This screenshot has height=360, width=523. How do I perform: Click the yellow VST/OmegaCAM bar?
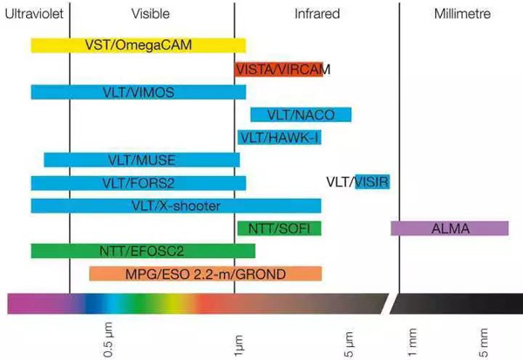pos(138,44)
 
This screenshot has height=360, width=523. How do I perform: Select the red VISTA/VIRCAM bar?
pos(278,68)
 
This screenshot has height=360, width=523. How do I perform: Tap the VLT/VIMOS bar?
pos(138,92)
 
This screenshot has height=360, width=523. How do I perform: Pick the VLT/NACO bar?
pos(300,114)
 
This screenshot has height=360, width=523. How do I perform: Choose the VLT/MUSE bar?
pos(134,160)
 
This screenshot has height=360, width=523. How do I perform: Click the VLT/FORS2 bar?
pos(138,183)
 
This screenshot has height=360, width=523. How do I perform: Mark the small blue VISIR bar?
pos(371,181)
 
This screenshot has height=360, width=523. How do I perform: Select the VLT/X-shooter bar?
pos(175,206)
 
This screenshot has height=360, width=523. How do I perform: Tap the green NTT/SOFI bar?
pos(279,228)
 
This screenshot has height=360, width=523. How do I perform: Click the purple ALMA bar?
pos(449,228)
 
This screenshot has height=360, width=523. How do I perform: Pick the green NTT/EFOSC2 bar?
pos(143,251)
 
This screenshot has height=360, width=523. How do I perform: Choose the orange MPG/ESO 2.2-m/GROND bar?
pos(205,274)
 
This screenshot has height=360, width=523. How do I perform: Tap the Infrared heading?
pos(317,14)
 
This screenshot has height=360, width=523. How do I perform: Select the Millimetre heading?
pos(462,14)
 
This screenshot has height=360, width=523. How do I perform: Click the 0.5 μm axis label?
pos(109,340)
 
